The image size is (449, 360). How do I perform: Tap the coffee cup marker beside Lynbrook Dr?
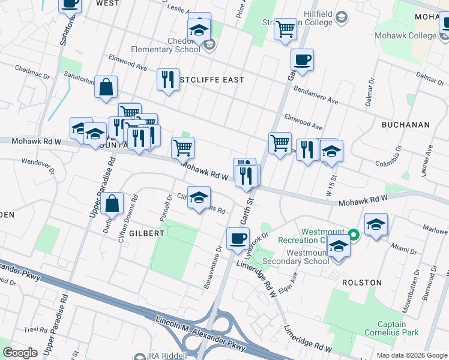click(x=238, y=238)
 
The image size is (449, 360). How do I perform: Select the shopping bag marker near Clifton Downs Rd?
click(x=112, y=203)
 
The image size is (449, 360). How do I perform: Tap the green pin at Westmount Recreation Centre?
click(x=354, y=235)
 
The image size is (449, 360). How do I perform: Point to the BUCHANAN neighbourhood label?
click(x=406, y=125)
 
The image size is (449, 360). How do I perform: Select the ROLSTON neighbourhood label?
click(x=362, y=282)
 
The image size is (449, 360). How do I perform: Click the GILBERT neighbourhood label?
click(x=145, y=233)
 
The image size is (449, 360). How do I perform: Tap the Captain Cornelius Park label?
click(x=393, y=323)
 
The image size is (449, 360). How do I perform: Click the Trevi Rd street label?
click(x=36, y=331)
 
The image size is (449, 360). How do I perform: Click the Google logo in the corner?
click(x=20, y=353)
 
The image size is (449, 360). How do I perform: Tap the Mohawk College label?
click(x=405, y=36)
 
